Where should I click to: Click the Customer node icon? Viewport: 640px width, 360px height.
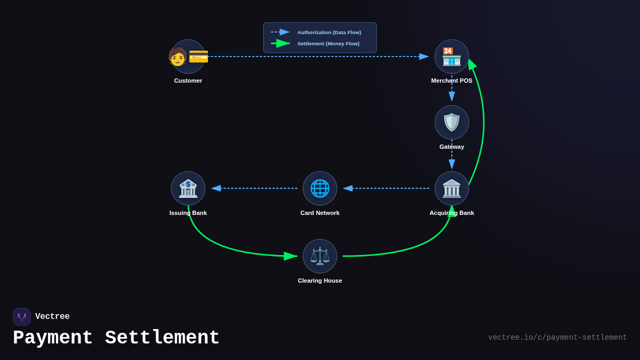click(x=188, y=57)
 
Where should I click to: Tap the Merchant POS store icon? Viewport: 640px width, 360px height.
click(x=452, y=57)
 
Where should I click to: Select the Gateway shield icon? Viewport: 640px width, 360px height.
click(x=452, y=122)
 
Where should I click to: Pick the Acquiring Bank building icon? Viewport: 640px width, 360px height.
click(x=452, y=188)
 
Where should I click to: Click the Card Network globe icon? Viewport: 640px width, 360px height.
click(x=320, y=188)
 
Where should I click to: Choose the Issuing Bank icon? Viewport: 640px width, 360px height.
click(x=188, y=188)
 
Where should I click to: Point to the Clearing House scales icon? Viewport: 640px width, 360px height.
click(x=320, y=256)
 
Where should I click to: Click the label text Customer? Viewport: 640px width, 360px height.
click(x=188, y=81)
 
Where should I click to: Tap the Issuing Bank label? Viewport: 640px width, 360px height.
click(x=188, y=213)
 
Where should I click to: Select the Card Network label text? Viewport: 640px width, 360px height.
click(x=320, y=213)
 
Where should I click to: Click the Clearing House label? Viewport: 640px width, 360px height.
click(x=320, y=281)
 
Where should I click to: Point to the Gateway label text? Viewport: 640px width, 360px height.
click(x=452, y=147)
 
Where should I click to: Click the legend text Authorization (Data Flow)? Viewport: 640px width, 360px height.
click(x=329, y=33)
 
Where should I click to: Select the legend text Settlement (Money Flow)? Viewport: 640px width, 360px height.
click(x=328, y=44)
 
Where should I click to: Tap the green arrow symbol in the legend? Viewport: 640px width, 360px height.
click(x=281, y=43)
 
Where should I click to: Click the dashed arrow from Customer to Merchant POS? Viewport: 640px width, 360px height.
click(x=315, y=57)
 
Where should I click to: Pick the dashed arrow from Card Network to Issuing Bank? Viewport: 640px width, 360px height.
click(x=256, y=188)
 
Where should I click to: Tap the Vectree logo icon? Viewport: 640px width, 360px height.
click(x=22, y=317)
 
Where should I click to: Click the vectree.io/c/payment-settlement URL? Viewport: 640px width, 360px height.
click(x=557, y=338)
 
